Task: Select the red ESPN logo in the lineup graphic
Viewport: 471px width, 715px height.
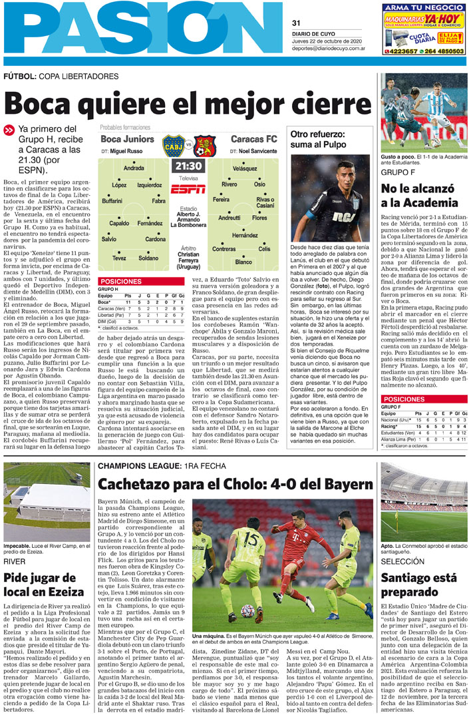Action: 188,190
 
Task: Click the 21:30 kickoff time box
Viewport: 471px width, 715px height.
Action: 188,166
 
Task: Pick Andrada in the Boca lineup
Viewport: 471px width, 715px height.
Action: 134,168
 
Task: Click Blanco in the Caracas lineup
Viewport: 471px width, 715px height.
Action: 243,262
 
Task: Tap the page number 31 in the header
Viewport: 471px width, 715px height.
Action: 297,23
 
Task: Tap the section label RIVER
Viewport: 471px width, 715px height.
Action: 15,562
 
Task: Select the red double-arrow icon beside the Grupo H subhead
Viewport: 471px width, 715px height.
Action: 9,130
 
